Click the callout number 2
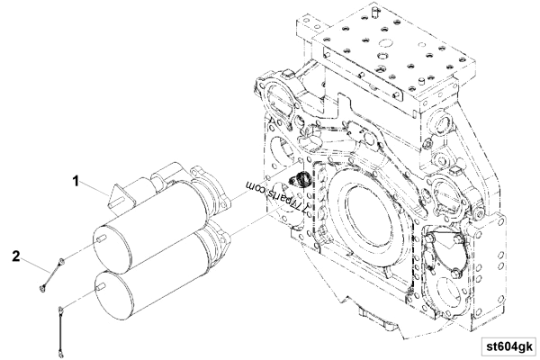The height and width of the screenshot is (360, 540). click(x=15, y=255)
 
